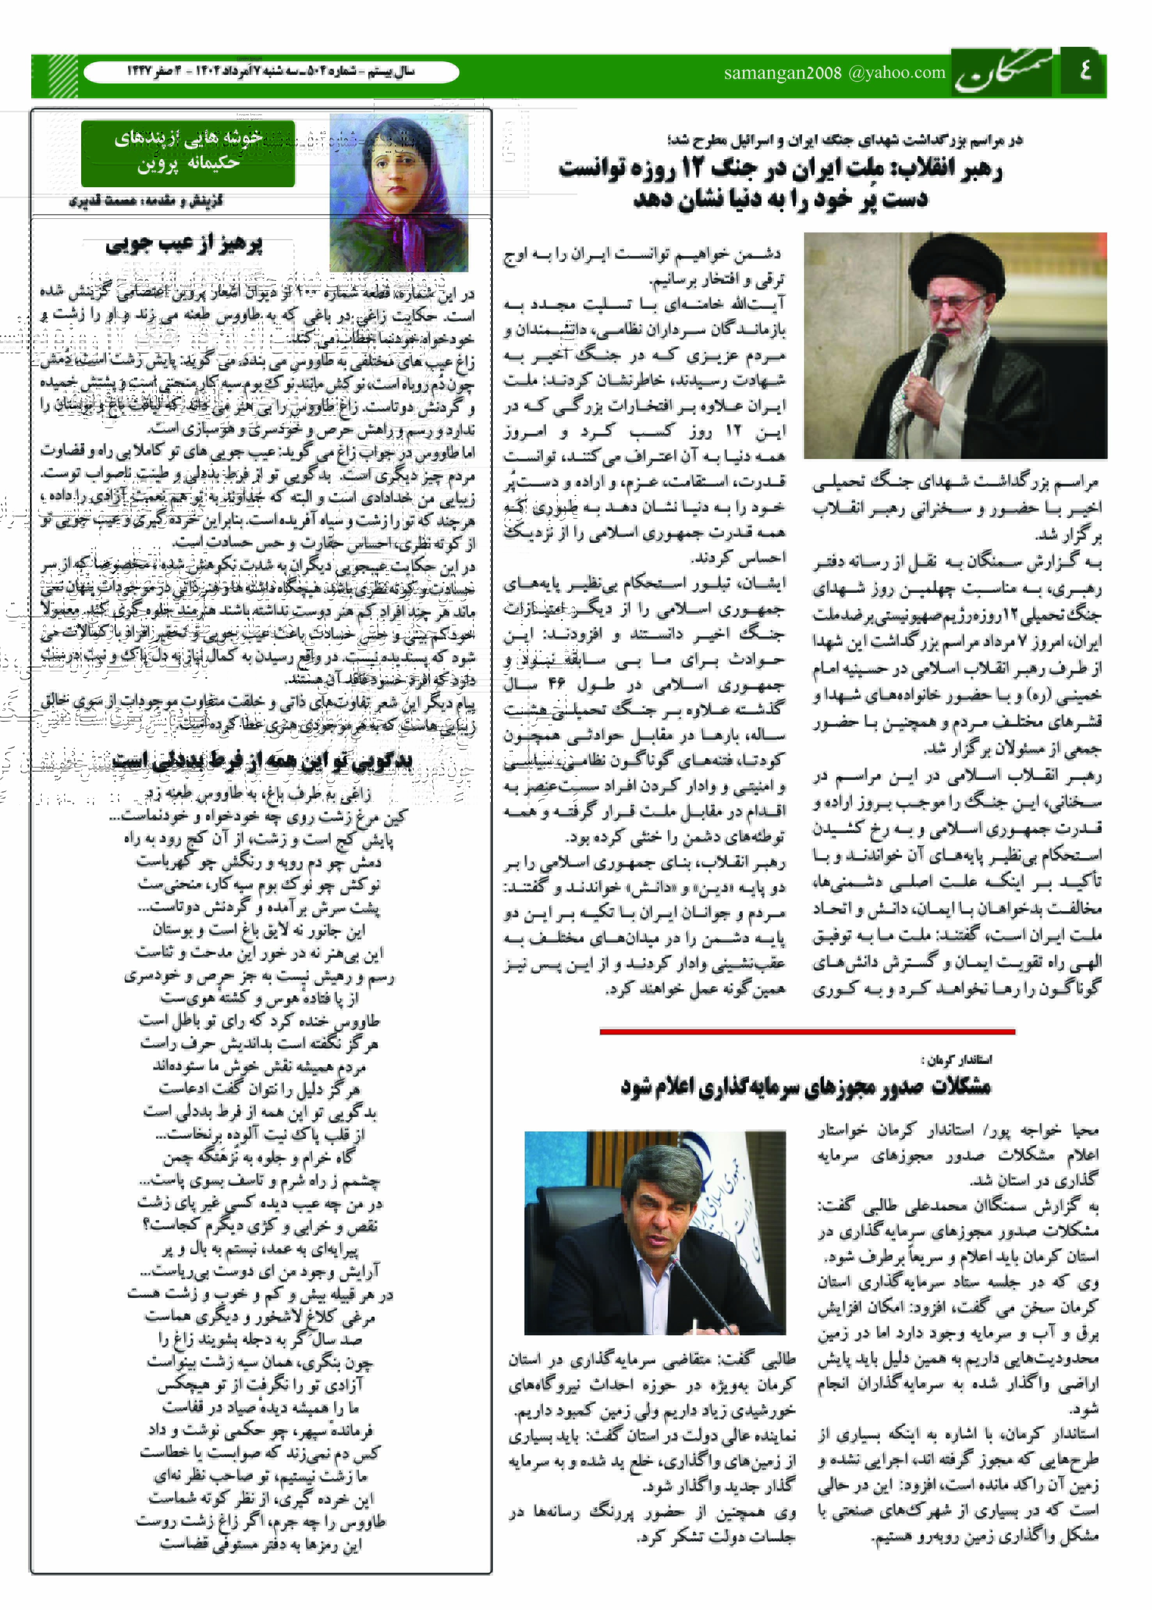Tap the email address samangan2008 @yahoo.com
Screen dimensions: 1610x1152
click(834, 73)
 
